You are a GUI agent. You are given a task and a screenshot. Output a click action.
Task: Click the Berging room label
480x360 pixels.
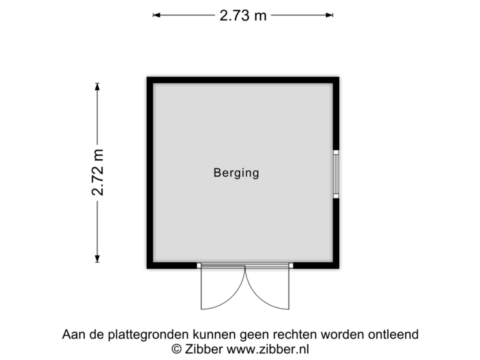click(236, 173)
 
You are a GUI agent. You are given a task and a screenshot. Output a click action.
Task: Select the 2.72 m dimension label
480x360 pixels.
click(98, 172)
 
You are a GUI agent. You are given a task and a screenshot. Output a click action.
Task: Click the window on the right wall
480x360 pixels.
click(337, 173)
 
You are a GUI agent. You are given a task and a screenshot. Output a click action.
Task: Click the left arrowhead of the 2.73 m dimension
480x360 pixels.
click(155, 15)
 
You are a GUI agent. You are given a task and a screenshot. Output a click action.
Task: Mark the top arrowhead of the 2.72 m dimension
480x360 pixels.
click(97, 85)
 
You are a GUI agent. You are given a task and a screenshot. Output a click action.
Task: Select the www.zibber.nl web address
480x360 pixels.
click(268, 348)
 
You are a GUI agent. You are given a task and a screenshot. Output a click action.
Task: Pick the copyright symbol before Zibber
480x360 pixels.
click(177, 348)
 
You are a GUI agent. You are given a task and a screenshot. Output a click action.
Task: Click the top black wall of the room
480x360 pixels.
click(243, 79)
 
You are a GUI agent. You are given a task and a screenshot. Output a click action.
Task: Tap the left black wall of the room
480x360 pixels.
click(148, 173)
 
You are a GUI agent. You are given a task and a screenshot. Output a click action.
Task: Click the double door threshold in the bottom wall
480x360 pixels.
click(245, 266)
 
